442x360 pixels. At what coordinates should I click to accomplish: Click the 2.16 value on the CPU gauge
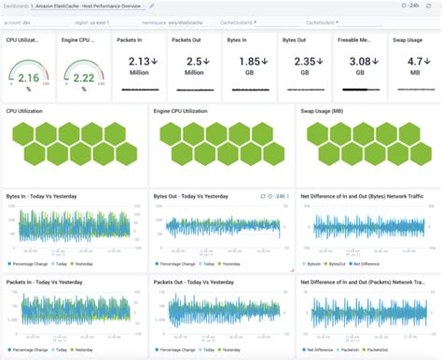(28, 79)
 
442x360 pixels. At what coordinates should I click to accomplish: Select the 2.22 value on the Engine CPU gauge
(83, 79)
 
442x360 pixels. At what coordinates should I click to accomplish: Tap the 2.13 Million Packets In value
(137, 62)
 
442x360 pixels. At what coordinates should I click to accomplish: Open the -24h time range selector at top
(406, 6)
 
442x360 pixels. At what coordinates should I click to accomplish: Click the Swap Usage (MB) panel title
(326, 111)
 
